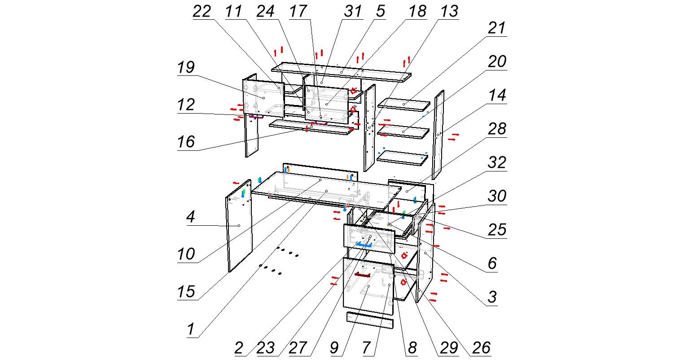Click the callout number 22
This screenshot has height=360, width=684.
pos(202,12)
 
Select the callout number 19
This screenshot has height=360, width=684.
pos(185,68)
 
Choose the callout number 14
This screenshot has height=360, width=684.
pos(497,96)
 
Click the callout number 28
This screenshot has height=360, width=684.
pos(497,129)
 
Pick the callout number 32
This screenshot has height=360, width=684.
pos(497,162)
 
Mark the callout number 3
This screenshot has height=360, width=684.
pos(492,297)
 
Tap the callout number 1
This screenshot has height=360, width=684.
pos(191,330)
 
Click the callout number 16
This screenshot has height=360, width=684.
pos(186,142)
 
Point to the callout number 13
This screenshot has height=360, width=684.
pos(448,12)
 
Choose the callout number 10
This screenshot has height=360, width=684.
pos(186,255)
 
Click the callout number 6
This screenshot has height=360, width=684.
pos(492,263)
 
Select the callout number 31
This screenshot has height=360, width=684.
pos(352,12)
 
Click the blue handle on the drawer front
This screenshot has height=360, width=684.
pos(364,244)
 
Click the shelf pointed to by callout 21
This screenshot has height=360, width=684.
pos(404,105)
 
